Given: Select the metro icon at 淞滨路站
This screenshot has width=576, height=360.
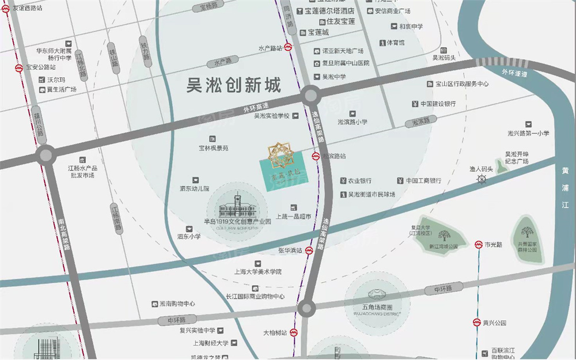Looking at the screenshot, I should [x=316, y=156].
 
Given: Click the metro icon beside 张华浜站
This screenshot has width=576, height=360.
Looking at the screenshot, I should [x=308, y=251].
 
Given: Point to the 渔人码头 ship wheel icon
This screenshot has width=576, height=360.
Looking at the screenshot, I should [x=482, y=180].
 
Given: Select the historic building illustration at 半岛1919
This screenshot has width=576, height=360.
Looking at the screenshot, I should [x=237, y=206].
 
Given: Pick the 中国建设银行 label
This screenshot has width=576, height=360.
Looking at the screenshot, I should [x=438, y=104].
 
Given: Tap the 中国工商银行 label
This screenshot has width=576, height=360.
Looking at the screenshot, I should [x=423, y=180].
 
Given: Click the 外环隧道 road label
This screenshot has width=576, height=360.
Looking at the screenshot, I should [x=514, y=73].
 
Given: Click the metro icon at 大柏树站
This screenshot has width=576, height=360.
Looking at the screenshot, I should [x=293, y=332].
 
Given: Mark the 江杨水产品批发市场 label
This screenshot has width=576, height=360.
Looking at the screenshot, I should [x=81, y=171].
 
